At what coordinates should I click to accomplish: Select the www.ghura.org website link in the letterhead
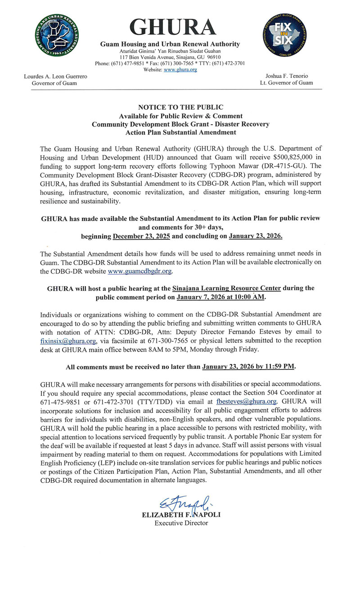pyautogui.click(x=180, y=70)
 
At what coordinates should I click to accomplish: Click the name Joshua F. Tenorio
pyautogui.click(x=287, y=76)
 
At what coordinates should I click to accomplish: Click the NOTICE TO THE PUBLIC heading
pyautogui.click(x=180, y=108)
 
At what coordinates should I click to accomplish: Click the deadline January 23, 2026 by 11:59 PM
pyautogui.click(x=248, y=367)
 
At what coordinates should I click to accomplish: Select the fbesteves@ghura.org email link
pyautogui.click(x=252, y=401)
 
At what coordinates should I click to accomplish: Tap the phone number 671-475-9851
pyautogui.click(x=56, y=401)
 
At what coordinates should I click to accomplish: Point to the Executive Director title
pyautogui.click(x=181, y=523)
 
